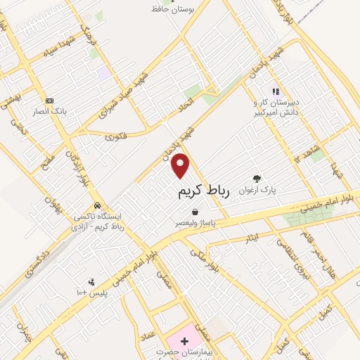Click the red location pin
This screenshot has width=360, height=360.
181,165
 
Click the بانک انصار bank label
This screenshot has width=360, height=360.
49,110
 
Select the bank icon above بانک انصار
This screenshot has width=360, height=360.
49,100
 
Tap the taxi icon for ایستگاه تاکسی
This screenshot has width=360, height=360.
97,205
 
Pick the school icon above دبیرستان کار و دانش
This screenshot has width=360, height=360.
276,91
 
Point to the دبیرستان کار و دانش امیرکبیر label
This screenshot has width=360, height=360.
278,107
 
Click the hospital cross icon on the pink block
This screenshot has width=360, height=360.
185,341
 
